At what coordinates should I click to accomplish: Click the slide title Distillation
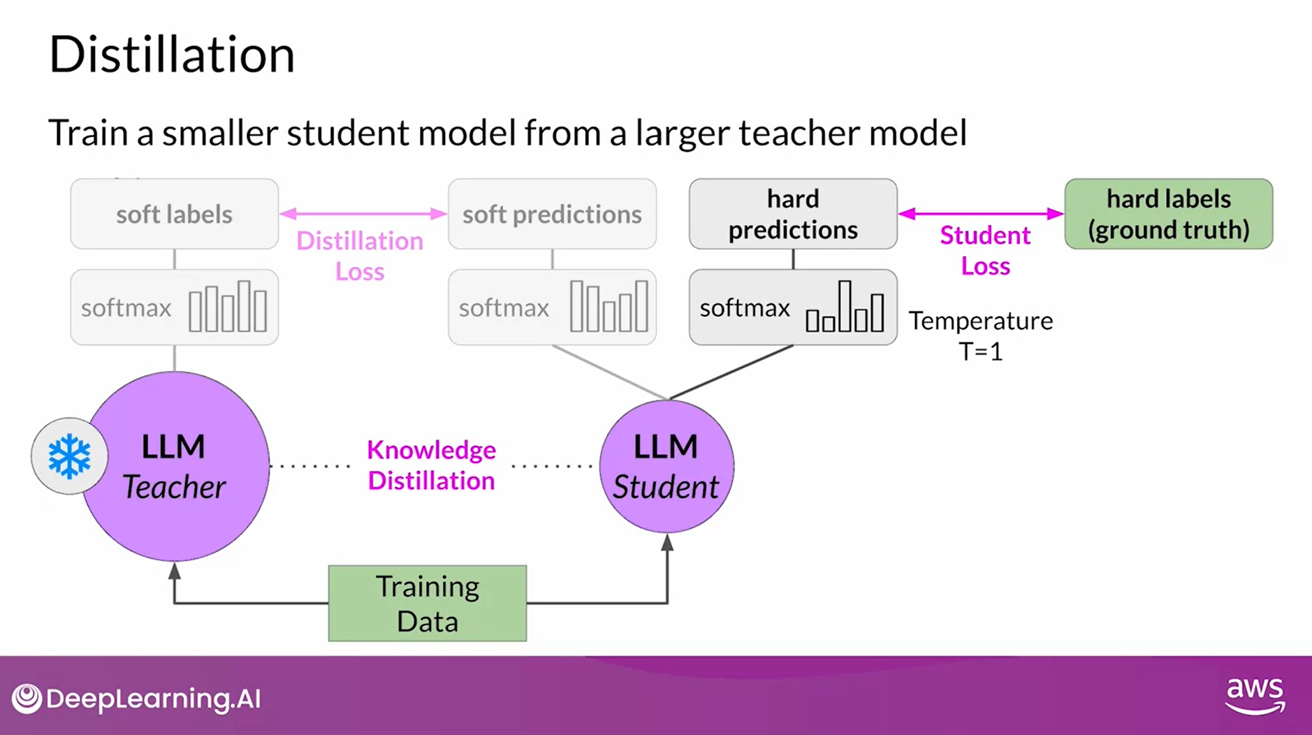click(172, 54)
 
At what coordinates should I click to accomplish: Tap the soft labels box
click(174, 214)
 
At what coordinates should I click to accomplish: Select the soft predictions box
click(552, 214)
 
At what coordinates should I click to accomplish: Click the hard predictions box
click(793, 214)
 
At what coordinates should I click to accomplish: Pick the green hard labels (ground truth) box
click(1168, 214)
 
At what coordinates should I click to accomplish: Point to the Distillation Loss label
click(360, 256)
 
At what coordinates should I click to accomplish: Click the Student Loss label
click(985, 250)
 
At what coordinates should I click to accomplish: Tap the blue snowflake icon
click(69, 456)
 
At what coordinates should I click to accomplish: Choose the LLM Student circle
click(666, 467)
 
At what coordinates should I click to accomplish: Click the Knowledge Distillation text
click(431, 465)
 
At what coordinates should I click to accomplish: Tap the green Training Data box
click(428, 603)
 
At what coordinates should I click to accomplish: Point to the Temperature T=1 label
click(980, 335)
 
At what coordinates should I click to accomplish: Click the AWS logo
click(1255, 695)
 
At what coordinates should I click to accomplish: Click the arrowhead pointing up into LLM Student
click(667, 542)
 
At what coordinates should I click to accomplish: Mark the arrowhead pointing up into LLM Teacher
click(175, 571)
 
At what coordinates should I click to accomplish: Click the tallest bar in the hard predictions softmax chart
click(845, 306)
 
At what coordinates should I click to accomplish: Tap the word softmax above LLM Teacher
click(126, 307)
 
